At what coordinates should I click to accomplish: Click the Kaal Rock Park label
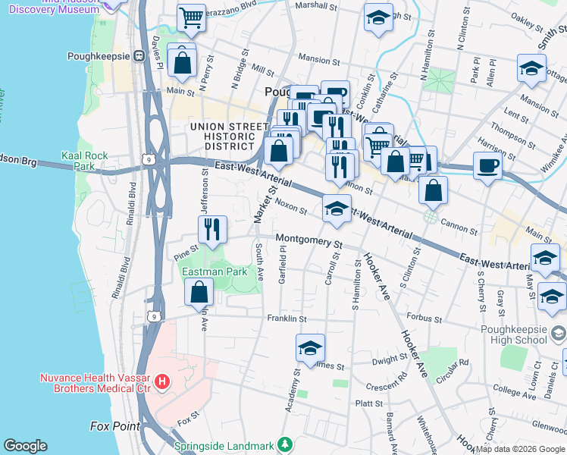pyautogui.click(x=84, y=160)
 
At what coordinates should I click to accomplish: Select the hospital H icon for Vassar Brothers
pyautogui.click(x=161, y=381)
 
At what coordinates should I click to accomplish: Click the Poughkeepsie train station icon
pyautogui.click(x=139, y=56)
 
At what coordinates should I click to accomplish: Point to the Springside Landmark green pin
pyautogui.click(x=284, y=444)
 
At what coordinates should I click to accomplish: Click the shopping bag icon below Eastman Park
pyautogui.click(x=199, y=292)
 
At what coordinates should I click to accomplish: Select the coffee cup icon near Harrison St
pyautogui.click(x=487, y=165)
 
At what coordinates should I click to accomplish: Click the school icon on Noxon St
pyautogui.click(x=336, y=209)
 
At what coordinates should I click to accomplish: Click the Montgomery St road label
pyautogui.click(x=309, y=240)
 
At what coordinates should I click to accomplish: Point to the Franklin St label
pyautogui.click(x=286, y=318)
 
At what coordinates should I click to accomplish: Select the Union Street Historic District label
pyautogui.click(x=222, y=136)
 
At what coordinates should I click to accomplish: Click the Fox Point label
pyautogui.click(x=115, y=426)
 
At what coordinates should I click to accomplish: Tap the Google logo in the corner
pyautogui.click(x=25, y=446)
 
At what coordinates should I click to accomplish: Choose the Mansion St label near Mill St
pyautogui.click(x=319, y=60)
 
